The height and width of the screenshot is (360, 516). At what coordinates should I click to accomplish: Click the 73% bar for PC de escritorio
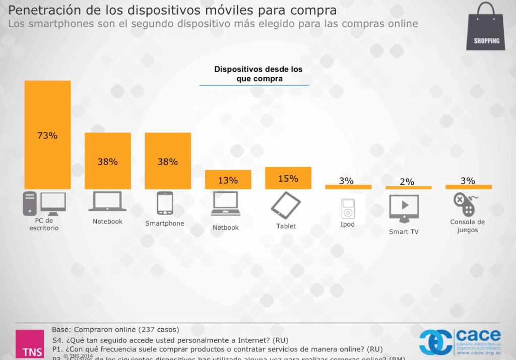[x=47, y=135]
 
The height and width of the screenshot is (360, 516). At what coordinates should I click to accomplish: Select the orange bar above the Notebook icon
[x=107, y=161]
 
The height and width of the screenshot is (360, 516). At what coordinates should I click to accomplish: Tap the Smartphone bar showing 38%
[x=168, y=161]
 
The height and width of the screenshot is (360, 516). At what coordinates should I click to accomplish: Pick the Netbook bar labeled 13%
[x=228, y=180]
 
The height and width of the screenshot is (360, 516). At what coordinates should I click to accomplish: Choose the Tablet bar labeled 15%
[x=288, y=178]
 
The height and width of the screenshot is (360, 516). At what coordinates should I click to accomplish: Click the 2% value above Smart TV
[x=407, y=182]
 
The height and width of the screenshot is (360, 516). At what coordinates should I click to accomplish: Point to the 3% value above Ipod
[x=346, y=181]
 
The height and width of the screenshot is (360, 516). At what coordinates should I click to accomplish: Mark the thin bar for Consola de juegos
[x=468, y=187]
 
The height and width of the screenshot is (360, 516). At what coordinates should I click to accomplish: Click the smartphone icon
[x=165, y=203]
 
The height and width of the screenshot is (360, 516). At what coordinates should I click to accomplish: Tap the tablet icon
[x=286, y=205]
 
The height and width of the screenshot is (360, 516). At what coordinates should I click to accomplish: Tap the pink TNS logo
[x=30, y=344]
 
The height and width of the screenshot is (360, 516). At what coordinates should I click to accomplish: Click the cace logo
[x=461, y=342]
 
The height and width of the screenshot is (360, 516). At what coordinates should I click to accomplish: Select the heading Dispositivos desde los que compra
[x=258, y=74]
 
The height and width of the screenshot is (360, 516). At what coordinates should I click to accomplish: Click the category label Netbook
[x=225, y=228]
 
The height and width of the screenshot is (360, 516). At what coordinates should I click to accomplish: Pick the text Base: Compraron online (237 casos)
[x=115, y=330]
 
